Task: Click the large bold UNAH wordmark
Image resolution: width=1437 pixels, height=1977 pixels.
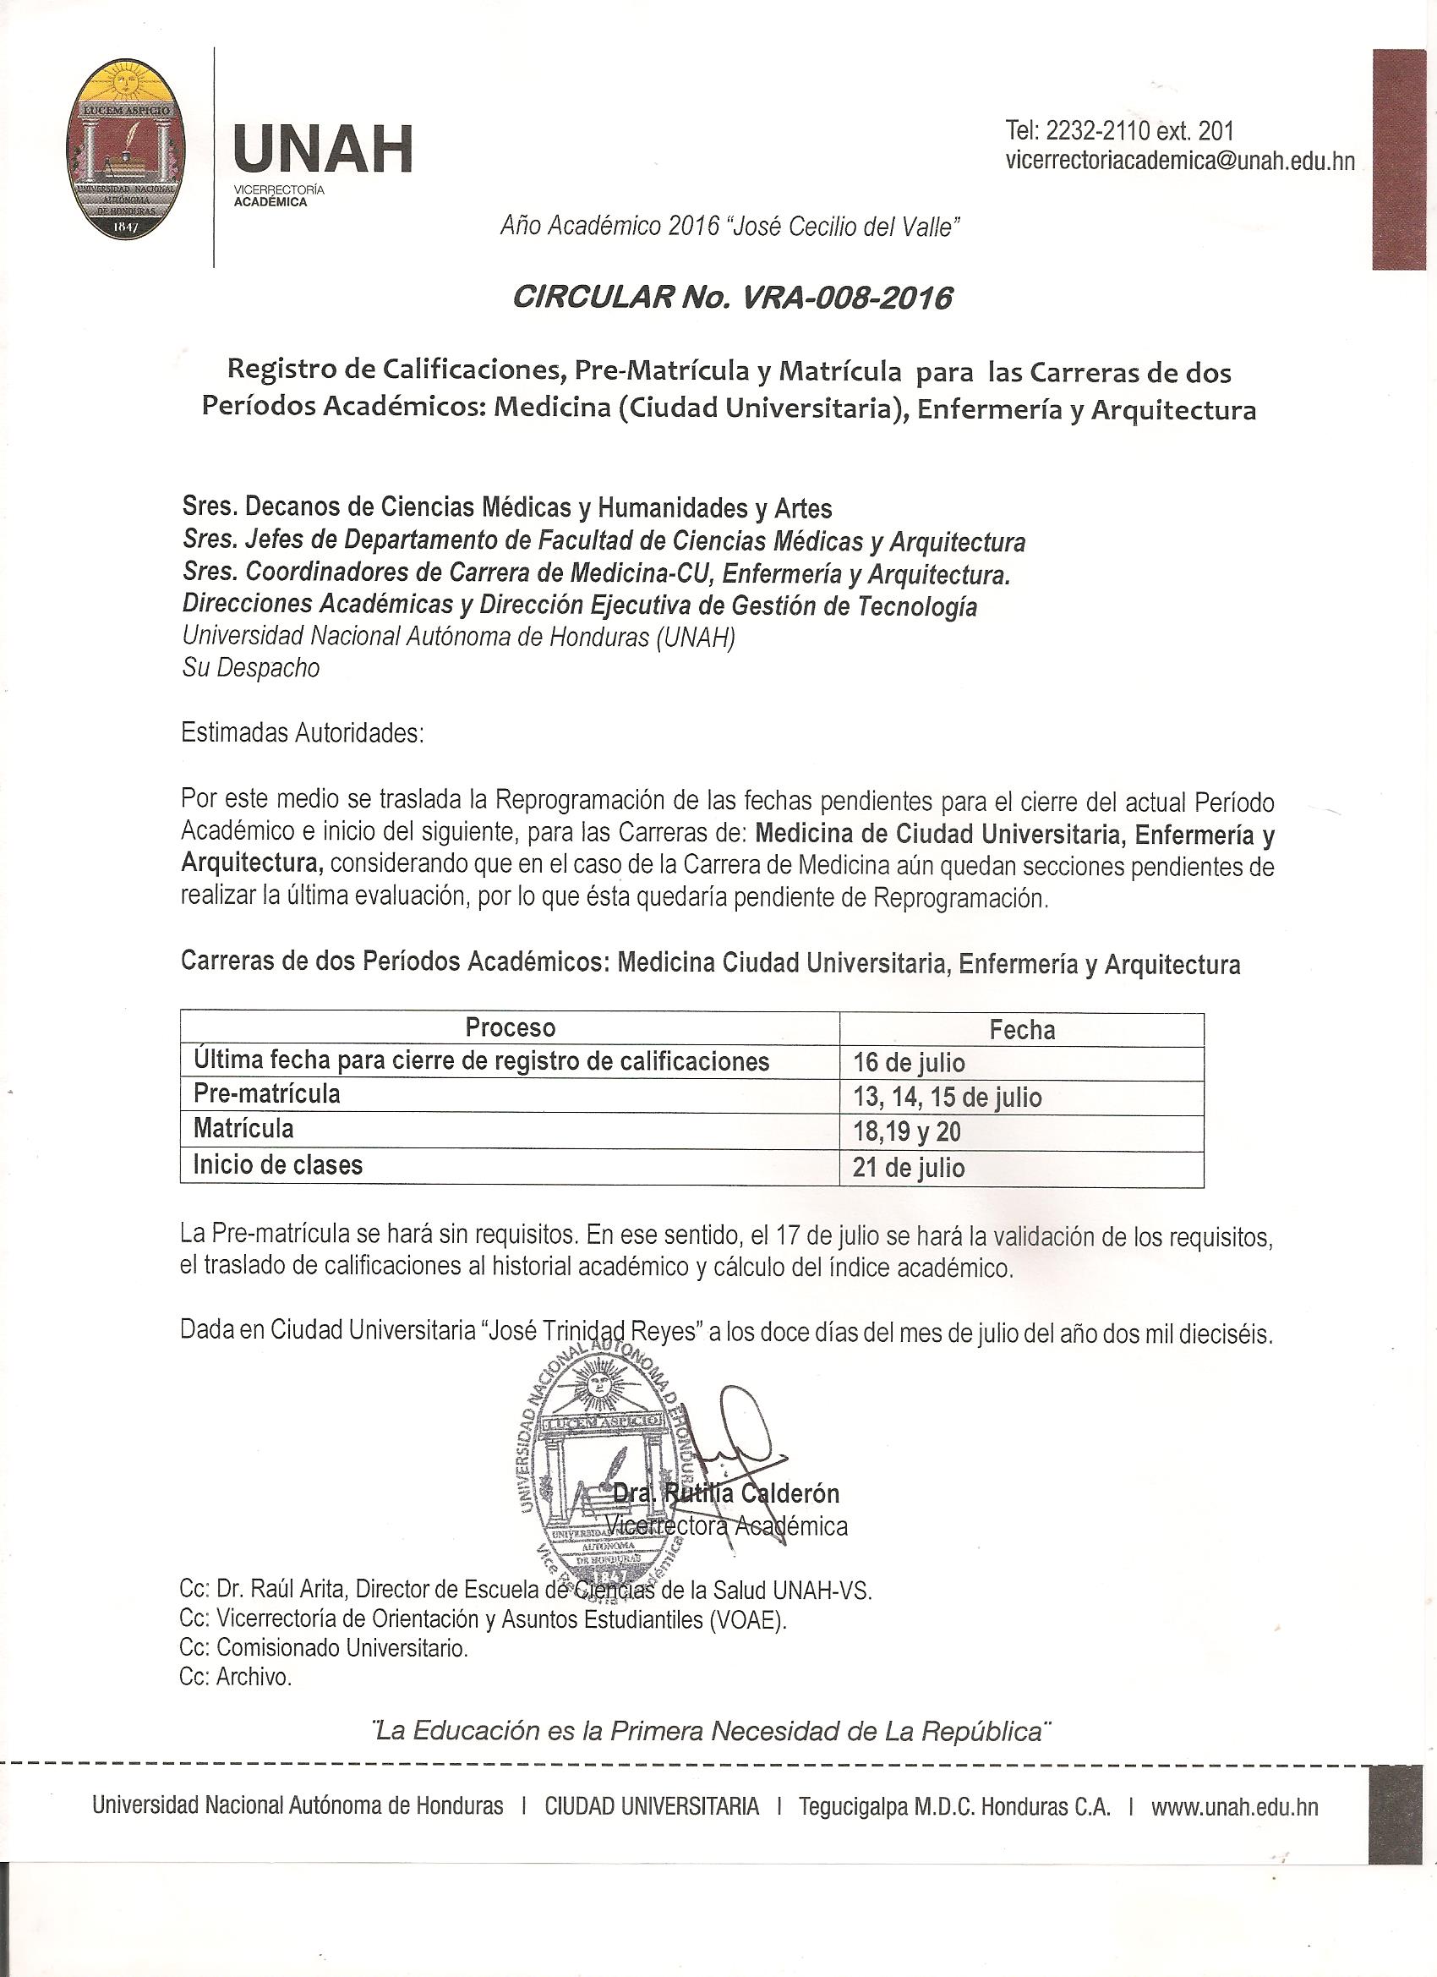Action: [322, 149]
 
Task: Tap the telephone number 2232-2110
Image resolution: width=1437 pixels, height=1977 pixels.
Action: [1098, 131]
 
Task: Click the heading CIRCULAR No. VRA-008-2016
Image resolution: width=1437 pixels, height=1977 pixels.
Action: [733, 299]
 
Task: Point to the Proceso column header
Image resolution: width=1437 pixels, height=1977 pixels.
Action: [510, 1027]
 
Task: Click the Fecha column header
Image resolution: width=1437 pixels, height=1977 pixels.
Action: [1021, 1029]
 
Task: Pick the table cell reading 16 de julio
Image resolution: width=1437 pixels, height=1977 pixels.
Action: [909, 1063]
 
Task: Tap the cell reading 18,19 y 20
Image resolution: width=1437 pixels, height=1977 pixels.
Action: [906, 1131]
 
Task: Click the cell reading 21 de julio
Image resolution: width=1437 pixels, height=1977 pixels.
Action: [909, 1167]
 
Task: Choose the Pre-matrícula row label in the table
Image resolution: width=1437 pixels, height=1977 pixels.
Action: [266, 1094]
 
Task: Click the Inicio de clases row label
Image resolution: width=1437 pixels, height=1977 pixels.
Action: [278, 1164]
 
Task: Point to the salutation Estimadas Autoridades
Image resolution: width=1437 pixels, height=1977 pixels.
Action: [302, 732]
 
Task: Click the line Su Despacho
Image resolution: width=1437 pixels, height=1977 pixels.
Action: [251, 668]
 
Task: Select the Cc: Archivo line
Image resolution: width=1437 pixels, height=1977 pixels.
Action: [235, 1676]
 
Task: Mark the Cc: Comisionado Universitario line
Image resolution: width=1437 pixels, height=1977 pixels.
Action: [323, 1647]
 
